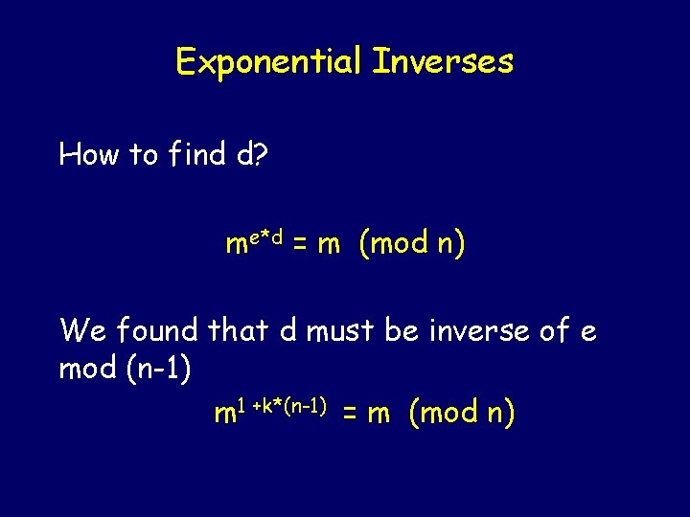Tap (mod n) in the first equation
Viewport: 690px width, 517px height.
pyautogui.click(x=412, y=245)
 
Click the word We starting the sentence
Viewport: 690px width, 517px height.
pyautogui.click(x=82, y=331)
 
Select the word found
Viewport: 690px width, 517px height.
pyautogui.click(x=156, y=331)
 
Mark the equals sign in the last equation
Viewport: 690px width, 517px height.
pyautogui.click(x=351, y=414)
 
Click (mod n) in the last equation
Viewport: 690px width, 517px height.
pyautogui.click(x=462, y=414)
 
